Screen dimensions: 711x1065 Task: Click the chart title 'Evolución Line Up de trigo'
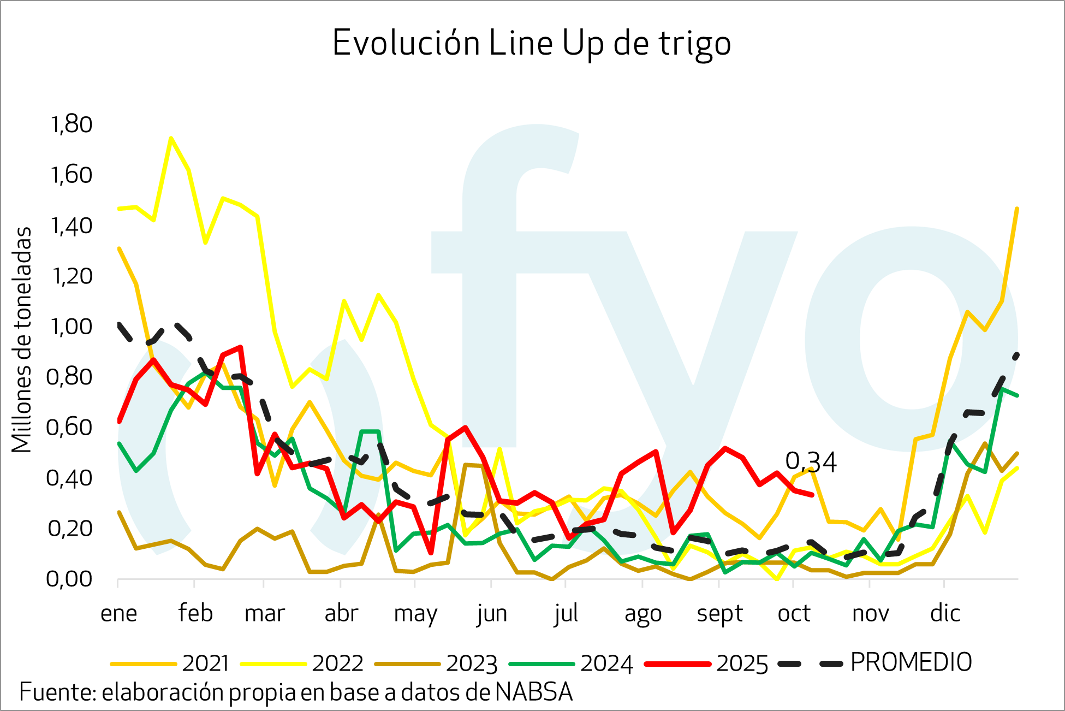tap(531, 44)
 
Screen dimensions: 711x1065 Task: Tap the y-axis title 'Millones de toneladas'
tap(22, 340)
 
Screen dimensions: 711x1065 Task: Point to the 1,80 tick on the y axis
tap(72, 125)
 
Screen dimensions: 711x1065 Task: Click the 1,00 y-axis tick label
tap(72, 327)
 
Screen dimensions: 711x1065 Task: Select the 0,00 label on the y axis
tap(69, 579)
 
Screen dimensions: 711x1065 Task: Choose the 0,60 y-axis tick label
tap(69, 427)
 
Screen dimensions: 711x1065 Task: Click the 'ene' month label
tap(118, 614)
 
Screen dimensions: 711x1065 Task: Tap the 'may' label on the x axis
tap(415, 614)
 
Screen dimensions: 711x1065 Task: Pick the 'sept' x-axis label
tap(719, 614)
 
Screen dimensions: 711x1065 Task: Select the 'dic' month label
tap(945, 614)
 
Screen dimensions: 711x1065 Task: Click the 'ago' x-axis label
tap(643, 614)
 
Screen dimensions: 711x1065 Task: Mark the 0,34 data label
tap(811, 462)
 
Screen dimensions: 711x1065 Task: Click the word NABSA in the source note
tap(534, 692)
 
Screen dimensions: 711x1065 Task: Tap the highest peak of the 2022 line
tap(171, 138)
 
